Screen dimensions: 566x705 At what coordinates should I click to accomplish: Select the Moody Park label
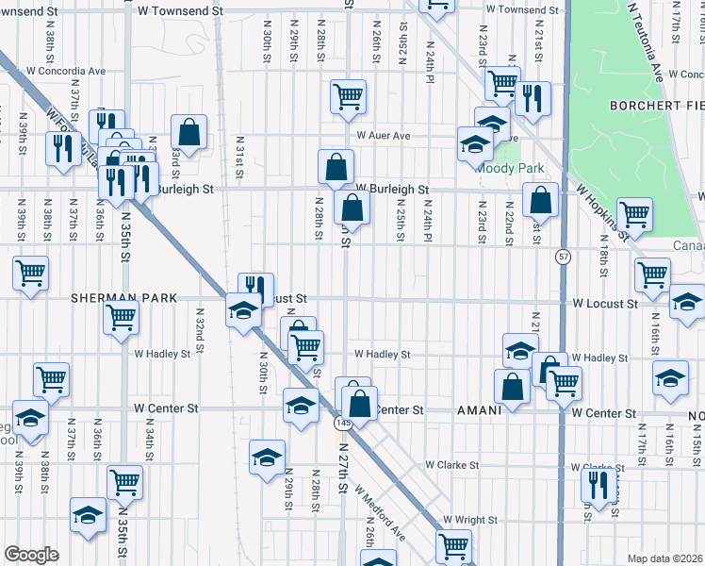[510, 168]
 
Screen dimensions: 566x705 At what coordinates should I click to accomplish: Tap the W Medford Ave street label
[380, 514]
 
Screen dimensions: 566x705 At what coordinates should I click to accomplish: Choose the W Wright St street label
[470, 520]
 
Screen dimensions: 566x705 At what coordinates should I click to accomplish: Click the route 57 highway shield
[563, 257]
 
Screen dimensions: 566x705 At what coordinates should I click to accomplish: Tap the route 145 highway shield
[344, 425]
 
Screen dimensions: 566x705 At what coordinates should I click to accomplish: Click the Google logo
[31, 555]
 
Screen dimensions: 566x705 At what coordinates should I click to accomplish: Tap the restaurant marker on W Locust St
[255, 287]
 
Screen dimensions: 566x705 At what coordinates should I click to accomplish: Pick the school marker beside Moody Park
[476, 144]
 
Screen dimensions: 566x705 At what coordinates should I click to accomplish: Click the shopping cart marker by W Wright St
[453, 546]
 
